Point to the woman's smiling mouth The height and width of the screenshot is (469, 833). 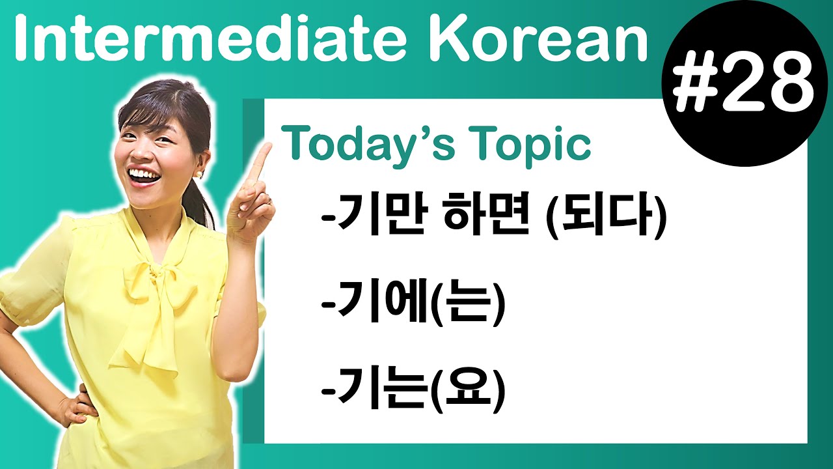click(x=144, y=175)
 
